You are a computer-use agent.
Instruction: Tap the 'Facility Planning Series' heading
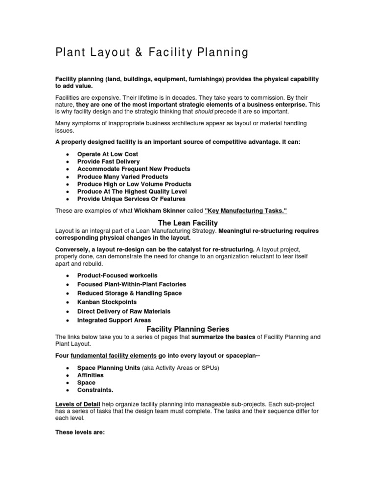(x=188, y=329)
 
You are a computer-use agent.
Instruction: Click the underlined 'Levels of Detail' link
(x=78, y=404)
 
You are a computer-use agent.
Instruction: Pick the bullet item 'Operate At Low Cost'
(x=108, y=154)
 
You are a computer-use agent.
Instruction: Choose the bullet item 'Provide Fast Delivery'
(x=108, y=161)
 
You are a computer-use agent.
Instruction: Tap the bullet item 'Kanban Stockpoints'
(x=107, y=302)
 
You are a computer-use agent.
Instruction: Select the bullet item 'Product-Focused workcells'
(x=117, y=275)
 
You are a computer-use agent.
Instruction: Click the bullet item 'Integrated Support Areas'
(x=114, y=320)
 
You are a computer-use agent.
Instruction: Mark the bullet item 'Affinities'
(x=91, y=375)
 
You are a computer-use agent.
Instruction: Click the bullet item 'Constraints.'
(x=95, y=390)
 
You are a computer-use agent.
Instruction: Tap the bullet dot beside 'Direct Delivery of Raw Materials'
(x=66, y=312)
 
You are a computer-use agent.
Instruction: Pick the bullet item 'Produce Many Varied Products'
(x=122, y=177)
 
